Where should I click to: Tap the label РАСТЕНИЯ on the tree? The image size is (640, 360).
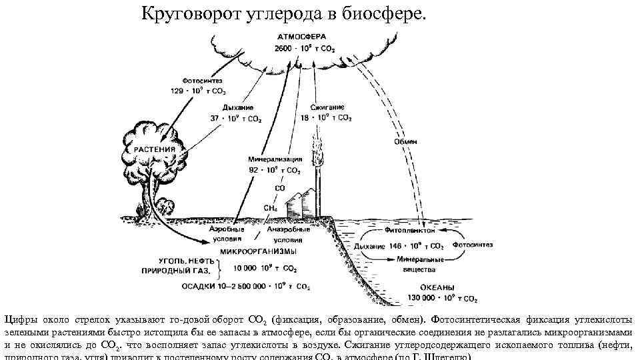[155, 149]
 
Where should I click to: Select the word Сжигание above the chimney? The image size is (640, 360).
[327, 107]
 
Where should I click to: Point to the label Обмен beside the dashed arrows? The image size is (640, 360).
[406, 141]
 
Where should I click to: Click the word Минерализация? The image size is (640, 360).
[275, 160]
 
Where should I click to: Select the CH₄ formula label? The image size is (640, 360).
[270, 208]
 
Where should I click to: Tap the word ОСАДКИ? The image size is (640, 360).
[199, 287]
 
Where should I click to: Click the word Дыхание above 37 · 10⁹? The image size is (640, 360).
[231, 107]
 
